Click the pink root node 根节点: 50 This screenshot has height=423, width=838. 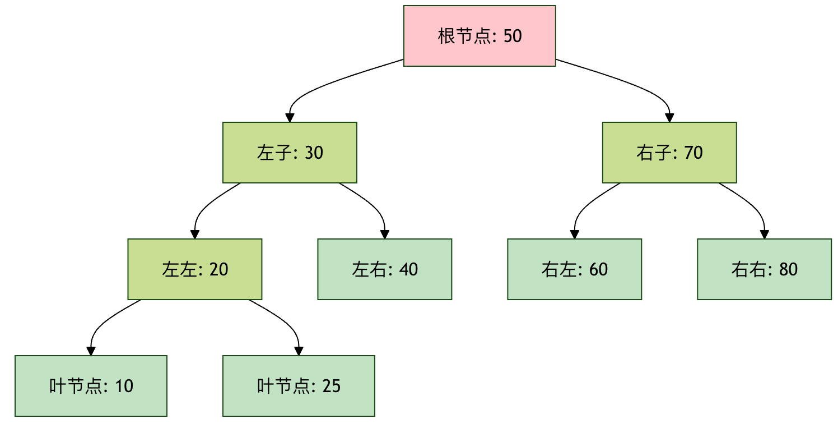[479, 36]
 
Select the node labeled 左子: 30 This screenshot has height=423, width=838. [290, 153]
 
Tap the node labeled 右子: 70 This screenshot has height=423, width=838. [669, 153]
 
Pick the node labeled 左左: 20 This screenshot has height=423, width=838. [195, 269]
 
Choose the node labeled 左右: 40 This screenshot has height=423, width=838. [385, 269]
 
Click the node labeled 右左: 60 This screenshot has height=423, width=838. [575, 269]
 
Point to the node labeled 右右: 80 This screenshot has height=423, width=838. [765, 269]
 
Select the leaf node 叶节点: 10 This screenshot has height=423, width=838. [91, 386]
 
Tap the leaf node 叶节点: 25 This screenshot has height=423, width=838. [299, 386]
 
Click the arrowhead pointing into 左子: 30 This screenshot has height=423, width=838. [290, 118]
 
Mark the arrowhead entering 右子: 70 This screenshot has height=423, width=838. [669, 118]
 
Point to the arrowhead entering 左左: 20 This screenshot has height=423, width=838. [195, 235]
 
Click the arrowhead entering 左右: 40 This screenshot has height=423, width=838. [385, 235]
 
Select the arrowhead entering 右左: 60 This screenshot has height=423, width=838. [575, 235]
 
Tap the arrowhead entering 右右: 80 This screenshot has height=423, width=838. [765, 235]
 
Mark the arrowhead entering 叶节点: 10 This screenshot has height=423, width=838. [91, 351]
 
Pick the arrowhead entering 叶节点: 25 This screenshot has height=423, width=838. [299, 351]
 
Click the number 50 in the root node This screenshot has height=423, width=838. [513, 36]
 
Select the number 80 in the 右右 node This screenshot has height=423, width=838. [788, 269]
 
